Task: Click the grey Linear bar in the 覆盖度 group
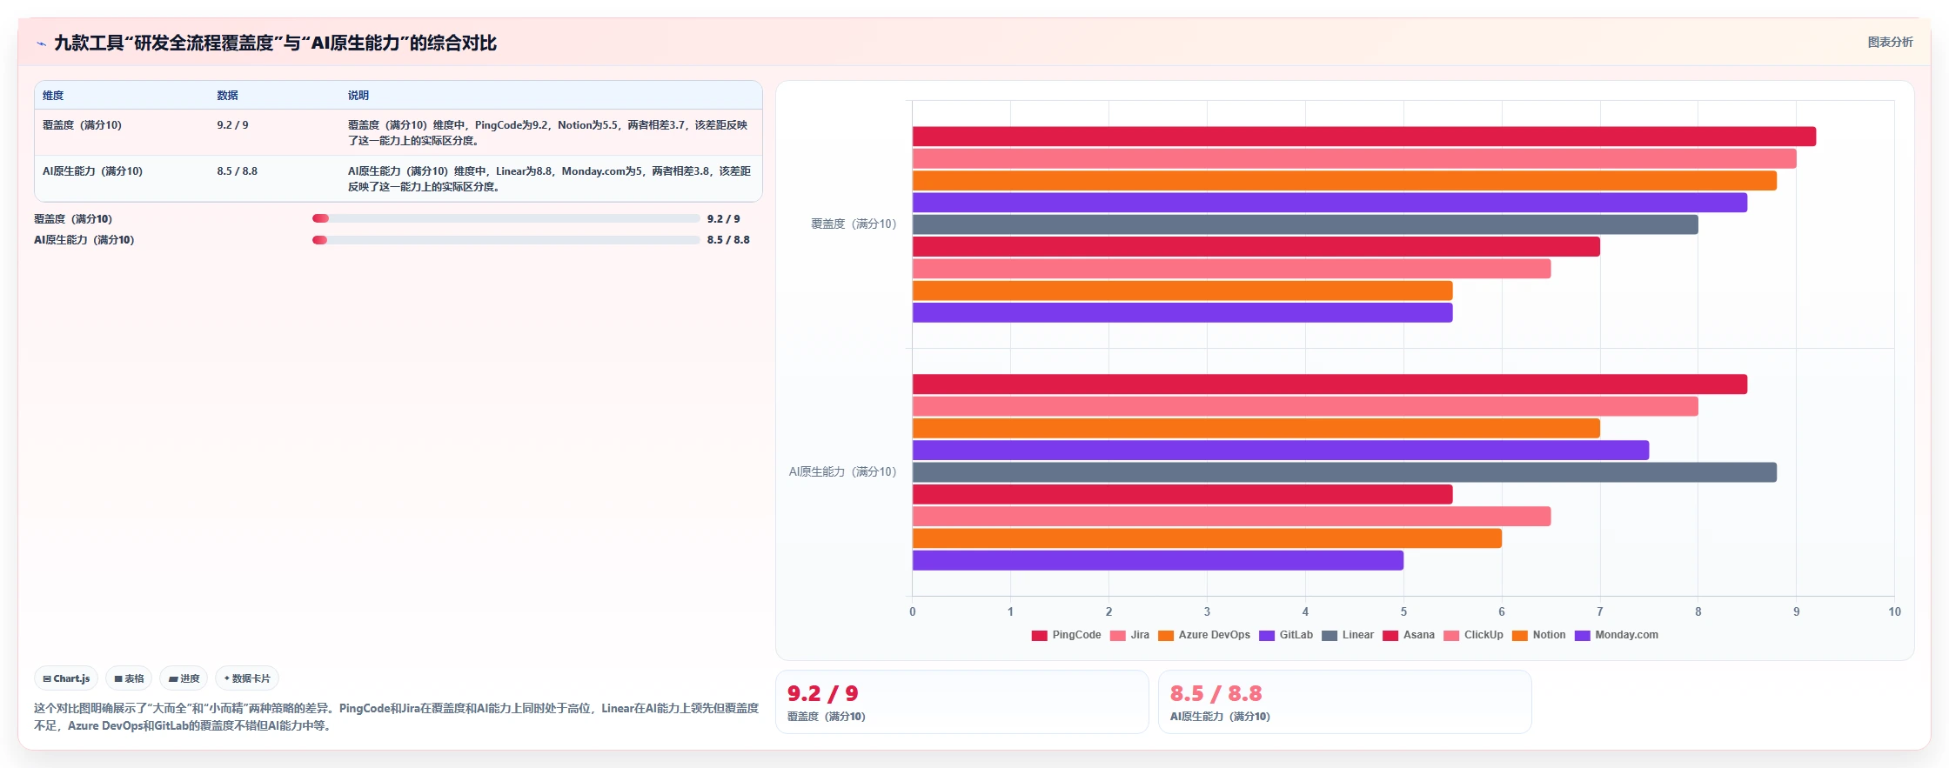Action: pos(1305,224)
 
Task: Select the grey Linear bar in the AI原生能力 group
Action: pos(1344,472)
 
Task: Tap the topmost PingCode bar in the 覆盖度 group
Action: pos(1364,137)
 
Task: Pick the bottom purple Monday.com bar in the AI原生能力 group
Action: pos(1158,560)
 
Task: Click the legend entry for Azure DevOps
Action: pos(1204,635)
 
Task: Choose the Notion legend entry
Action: pos(1539,635)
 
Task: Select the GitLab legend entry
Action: pos(1286,635)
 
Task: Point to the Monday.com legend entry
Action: pos(1617,635)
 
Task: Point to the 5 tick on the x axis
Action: pos(1403,611)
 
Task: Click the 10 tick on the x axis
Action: pos(1894,611)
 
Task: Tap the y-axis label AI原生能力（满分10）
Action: pos(842,471)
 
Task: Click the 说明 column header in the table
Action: pos(358,96)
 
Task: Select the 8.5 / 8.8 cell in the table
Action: pos(238,171)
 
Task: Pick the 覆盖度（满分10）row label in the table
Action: pos(82,125)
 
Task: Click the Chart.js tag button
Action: pos(66,678)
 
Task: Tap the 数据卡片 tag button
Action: pos(247,678)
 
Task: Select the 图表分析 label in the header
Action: pos(1890,42)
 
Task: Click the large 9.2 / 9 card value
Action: pos(822,693)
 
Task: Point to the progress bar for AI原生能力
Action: pos(506,240)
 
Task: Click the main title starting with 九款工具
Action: pos(275,43)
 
